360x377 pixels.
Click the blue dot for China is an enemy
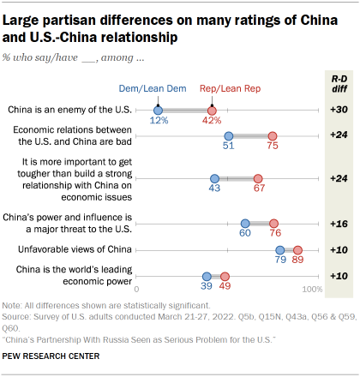click(159, 110)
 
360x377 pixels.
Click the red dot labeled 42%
click(212, 110)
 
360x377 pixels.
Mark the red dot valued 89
click(297, 250)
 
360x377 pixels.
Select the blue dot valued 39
click(207, 276)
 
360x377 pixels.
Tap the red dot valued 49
click(225, 276)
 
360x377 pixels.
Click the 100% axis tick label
click(312, 290)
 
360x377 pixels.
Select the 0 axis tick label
click(138, 290)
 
